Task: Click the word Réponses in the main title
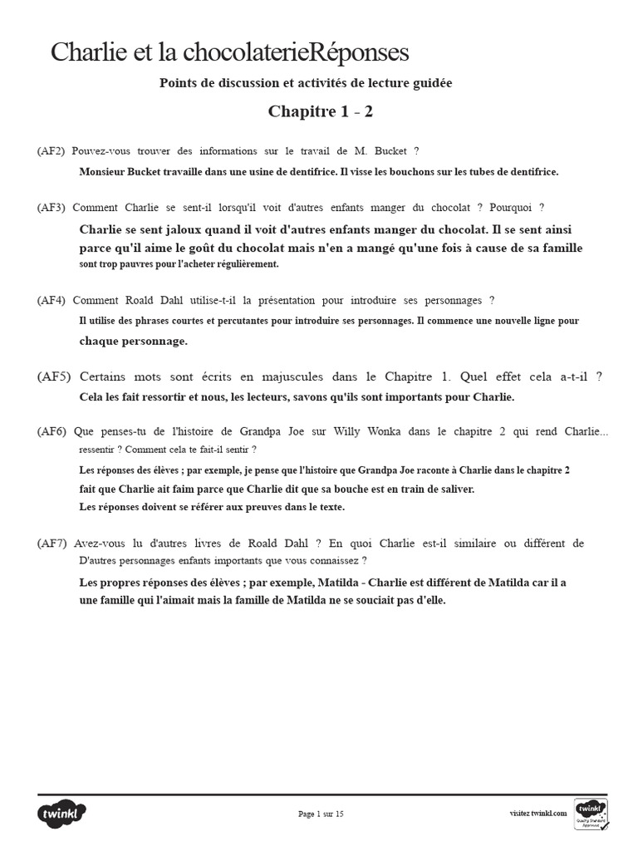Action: [357, 52]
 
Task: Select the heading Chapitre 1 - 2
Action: [314, 111]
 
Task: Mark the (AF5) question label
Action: [53, 376]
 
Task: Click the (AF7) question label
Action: [52, 543]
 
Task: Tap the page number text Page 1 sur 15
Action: [321, 814]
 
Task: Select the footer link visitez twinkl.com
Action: [538, 814]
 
